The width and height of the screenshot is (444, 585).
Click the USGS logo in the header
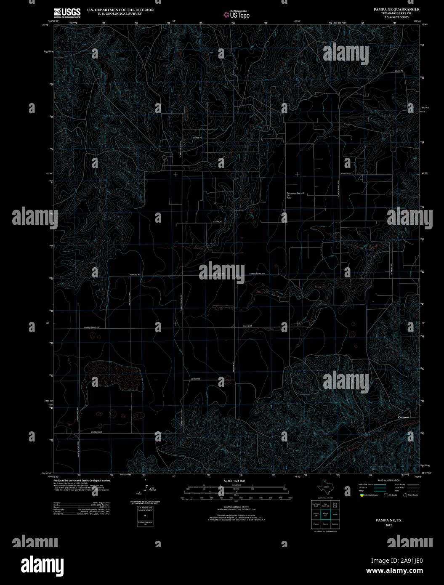[67, 12]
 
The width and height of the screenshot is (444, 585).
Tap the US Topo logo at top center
[236, 15]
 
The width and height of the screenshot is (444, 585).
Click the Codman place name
[403, 417]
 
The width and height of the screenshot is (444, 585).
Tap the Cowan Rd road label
[346, 174]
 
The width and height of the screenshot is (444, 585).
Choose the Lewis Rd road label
[195, 379]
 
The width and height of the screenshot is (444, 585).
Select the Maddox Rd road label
[96, 432]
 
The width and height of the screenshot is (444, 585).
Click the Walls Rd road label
[247, 326]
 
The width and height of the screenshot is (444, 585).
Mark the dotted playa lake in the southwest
[114, 374]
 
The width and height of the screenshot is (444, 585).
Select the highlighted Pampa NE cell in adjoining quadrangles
[325, 514]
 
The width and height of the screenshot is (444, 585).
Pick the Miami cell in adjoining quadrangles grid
[335, 514]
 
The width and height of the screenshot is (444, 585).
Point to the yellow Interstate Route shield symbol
[361, 495]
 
